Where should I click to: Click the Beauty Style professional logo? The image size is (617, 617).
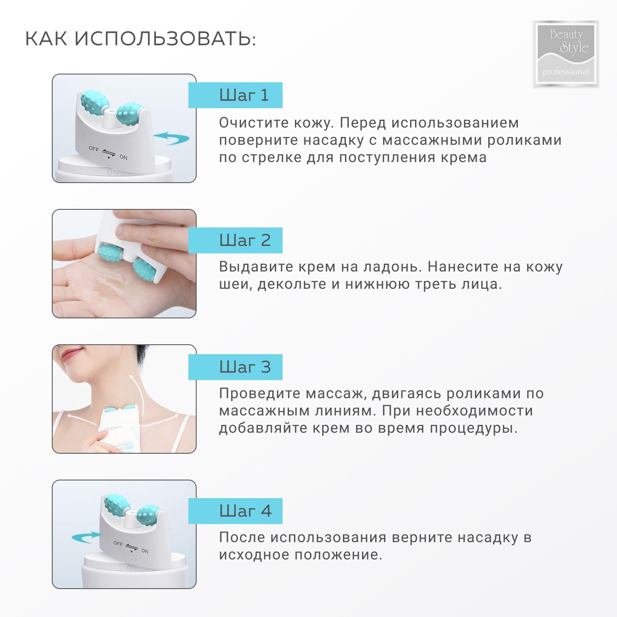coord(566,53)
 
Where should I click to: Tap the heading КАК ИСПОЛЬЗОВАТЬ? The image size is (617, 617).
coord(140,39)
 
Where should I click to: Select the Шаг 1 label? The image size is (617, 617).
coord(244,95)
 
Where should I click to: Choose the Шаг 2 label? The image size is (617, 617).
coord(245,240)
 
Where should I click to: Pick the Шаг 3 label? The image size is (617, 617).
coord(245,367)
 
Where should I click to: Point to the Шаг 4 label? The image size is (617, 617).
coord(245,511)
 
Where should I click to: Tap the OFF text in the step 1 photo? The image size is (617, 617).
coord(94,148)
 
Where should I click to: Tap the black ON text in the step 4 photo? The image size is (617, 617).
coord(145,551)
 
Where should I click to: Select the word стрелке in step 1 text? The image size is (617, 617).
coord(271,158)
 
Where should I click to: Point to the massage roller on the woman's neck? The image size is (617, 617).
coord(120,410)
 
